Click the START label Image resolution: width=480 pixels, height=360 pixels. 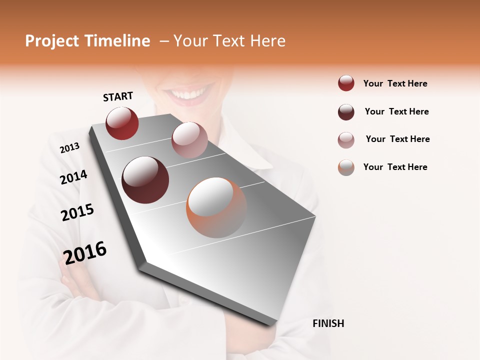pyautogui.click(x=118, y=96)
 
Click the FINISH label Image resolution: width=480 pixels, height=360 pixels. pyautogui.click(x=328, y=323)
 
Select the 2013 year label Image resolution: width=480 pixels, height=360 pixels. pyautogui.click(x=69, y=148)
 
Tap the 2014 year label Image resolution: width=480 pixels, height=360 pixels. pyautogui.click(x=73, y=177)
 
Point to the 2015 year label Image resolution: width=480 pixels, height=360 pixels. pyautogui.click(x=77, y=212)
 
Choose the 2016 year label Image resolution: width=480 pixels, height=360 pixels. pyautogui.click(x=85, y=252)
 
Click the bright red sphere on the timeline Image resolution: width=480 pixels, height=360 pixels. pyautogui.click(x=122, y=123)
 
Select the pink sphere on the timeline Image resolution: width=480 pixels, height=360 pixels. pyautogui.click(x=189, y=139)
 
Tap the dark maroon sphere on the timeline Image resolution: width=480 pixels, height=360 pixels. pyautogui.click(x=145, y=179)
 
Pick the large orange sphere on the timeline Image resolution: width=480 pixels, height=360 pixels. pyautogui.click(x=216, y=207)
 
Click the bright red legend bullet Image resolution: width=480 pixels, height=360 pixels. pyautogui.click(x=346, y=83)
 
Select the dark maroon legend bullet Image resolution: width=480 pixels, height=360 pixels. pyautogui.click(x=346, y=112)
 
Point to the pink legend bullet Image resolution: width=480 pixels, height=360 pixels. pyautogui.click(x=346, y=140)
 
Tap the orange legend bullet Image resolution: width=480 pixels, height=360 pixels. pyautogui.click(x=346, y=167)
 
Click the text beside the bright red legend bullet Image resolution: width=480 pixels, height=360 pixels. pyautogui.click(x=395, y=83)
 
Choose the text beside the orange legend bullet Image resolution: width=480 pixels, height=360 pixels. pyautogui.click(x=395, y=167)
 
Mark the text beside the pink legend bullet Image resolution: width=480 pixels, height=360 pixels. pyautogui.click(x=397, y=139)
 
